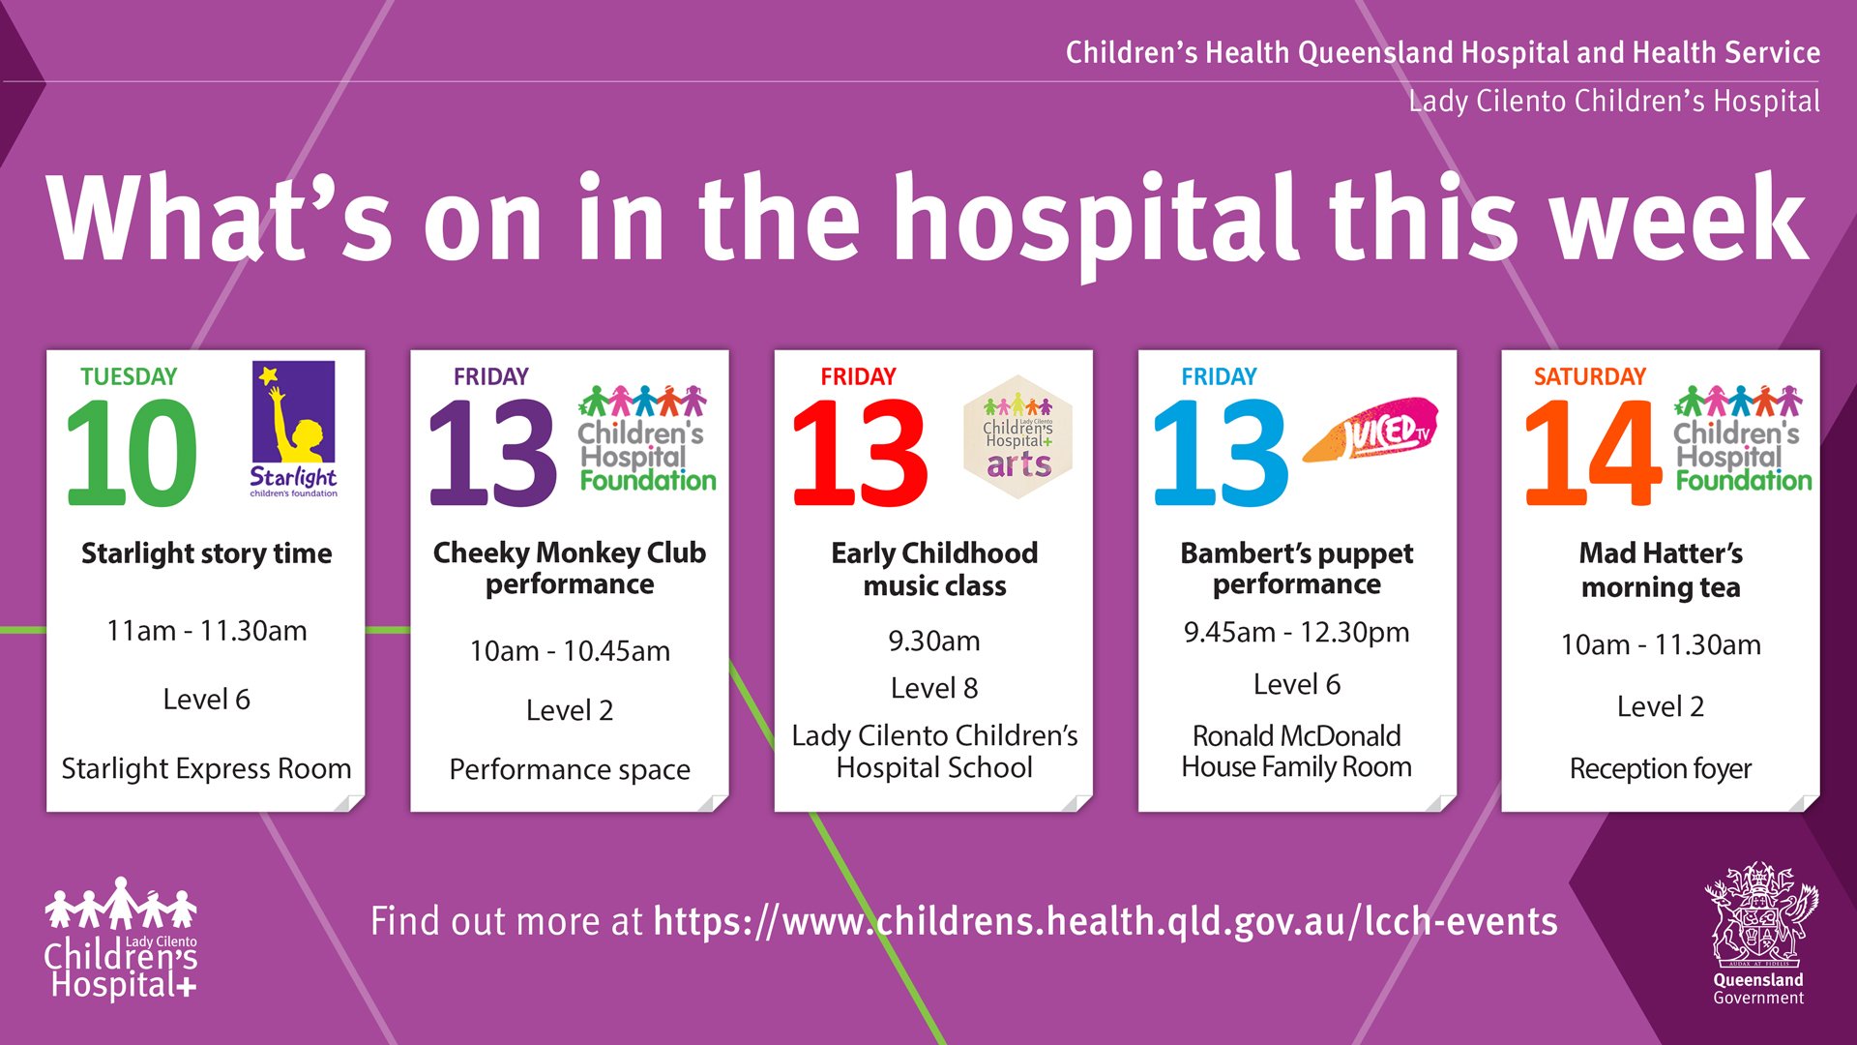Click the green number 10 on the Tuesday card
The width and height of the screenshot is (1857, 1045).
132,453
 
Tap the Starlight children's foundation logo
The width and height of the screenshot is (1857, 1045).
293,429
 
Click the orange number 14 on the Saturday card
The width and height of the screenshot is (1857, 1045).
1593,453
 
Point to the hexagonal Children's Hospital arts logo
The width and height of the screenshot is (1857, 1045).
1017,437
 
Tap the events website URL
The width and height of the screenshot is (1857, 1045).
1105,921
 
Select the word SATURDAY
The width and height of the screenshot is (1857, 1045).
1589,376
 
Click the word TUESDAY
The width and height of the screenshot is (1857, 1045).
129,376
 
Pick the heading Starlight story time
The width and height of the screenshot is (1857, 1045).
206,553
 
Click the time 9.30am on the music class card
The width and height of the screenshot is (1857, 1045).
934,641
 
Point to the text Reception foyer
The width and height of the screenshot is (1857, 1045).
1661,768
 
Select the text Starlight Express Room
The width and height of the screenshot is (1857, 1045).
206,768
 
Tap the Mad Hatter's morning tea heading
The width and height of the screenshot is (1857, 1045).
1661,570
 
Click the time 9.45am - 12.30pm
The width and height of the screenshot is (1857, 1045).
1297,633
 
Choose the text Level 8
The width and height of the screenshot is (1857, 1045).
934,688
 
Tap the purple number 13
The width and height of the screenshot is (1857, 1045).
493,453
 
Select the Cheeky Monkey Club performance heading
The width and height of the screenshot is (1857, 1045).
570,568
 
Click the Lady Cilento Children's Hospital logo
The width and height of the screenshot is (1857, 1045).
121,938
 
